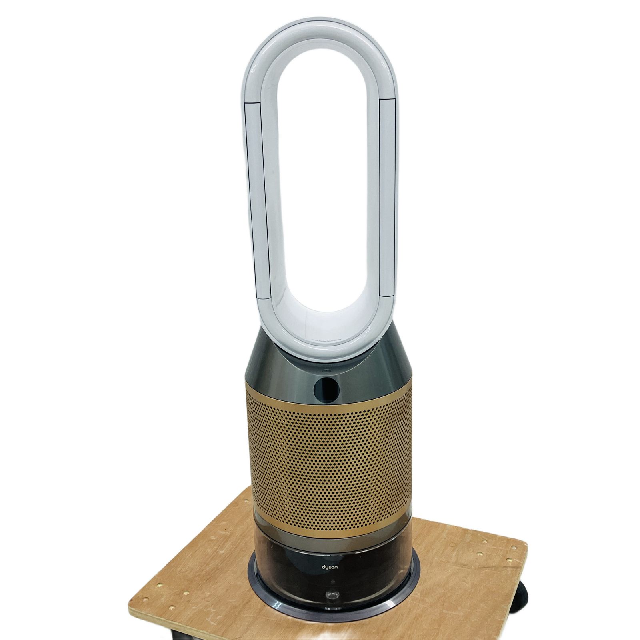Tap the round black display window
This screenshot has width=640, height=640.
[x=325, y=385]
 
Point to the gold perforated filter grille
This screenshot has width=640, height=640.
[x=328, y=460]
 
